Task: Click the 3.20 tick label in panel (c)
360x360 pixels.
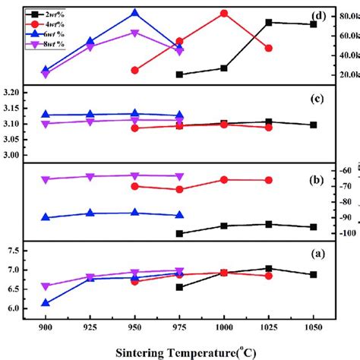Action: click(12, 92)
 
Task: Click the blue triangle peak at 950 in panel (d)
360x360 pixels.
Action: click(134, 13)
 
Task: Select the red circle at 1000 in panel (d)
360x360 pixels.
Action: click(224, 14)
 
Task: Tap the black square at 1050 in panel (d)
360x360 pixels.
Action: click(313, 24)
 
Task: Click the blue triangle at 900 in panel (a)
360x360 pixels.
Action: click(46, 302)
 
